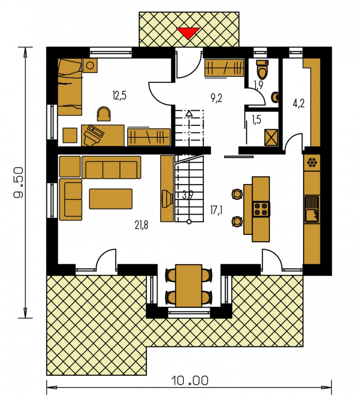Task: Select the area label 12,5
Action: tap(119, 96)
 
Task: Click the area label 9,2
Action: tap(216, 98)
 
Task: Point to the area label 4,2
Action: tap(299, 103)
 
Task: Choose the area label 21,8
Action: tap(141, 224)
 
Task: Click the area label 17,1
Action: tap(216, 210)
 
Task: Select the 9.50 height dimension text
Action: tap(19, 182)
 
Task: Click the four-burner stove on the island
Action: tap(261, 209)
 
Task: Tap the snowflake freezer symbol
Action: tap(312, 162)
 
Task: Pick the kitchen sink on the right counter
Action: tap(312, 209)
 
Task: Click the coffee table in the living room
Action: tap(111, 199)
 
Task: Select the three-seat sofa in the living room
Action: tap(111, 168)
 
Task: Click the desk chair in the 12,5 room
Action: tap(104, 114)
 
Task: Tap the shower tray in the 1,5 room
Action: tap(271, 137)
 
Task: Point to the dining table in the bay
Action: tap(189, 286)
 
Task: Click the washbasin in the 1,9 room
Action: tap(276, 97)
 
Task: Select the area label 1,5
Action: tap(256, 120)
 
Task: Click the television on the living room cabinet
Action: tap(167, 199)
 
